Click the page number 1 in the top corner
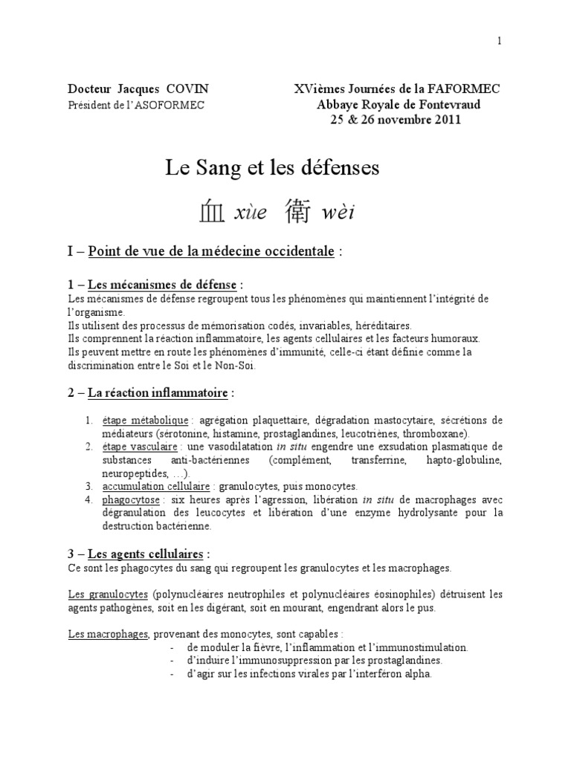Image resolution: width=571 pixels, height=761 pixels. pos(500,42)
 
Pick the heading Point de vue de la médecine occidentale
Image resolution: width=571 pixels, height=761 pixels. pos(210,252)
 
